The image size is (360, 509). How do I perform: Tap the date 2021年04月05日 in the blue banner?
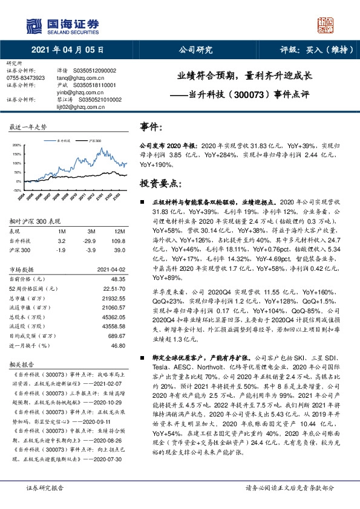point(67,50)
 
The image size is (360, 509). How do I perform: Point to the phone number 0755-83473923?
point(25,78)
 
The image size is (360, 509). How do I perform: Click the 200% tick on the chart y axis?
point(17,144)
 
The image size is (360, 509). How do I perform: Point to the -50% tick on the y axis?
point(17,190)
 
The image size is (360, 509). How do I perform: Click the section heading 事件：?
point(151,128)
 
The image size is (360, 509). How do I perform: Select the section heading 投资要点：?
point(160,183)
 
